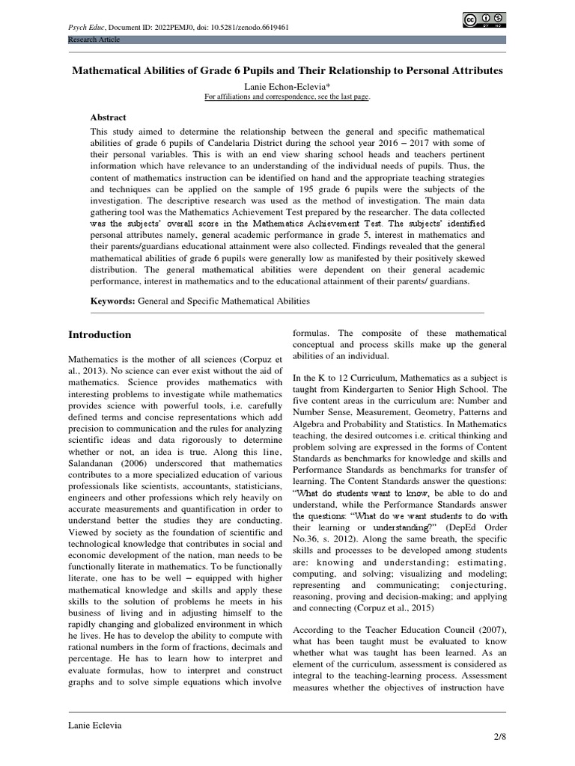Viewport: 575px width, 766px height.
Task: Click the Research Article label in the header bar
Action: [94, 40]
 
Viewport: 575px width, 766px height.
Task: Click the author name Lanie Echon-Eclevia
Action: [287, 86]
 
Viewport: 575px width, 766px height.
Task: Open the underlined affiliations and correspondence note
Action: [287, 96]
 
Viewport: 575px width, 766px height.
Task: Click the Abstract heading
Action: [109, 117]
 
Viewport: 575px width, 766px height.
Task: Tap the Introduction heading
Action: [100, 334]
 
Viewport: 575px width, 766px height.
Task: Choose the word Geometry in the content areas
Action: [449, 412]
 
